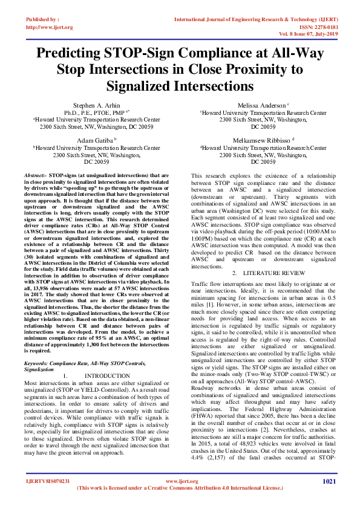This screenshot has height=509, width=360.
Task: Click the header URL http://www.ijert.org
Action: click(x=50, y=27)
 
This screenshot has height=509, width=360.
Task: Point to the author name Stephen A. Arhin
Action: click(x=96, y=105)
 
